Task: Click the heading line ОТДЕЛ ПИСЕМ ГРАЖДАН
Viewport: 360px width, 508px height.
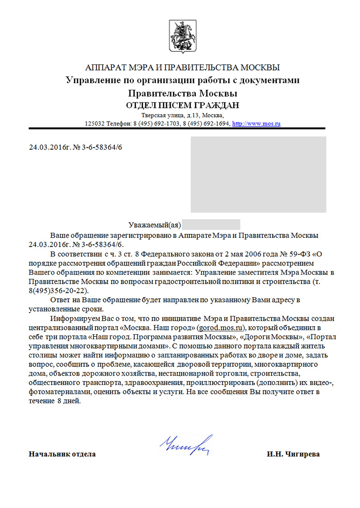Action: coord(183,105)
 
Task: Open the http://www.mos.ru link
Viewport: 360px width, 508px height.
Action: coord(256,124)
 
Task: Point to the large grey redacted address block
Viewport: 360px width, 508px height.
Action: coord(258,174)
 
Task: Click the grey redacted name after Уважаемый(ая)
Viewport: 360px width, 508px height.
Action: coord(211,224)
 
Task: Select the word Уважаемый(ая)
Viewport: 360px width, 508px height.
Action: coord(155,225)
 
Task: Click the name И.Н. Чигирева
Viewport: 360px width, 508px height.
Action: coord(294,454)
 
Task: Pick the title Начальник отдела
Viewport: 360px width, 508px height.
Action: coord(62,454)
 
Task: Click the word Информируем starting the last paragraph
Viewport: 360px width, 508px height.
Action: coord(74,319)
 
